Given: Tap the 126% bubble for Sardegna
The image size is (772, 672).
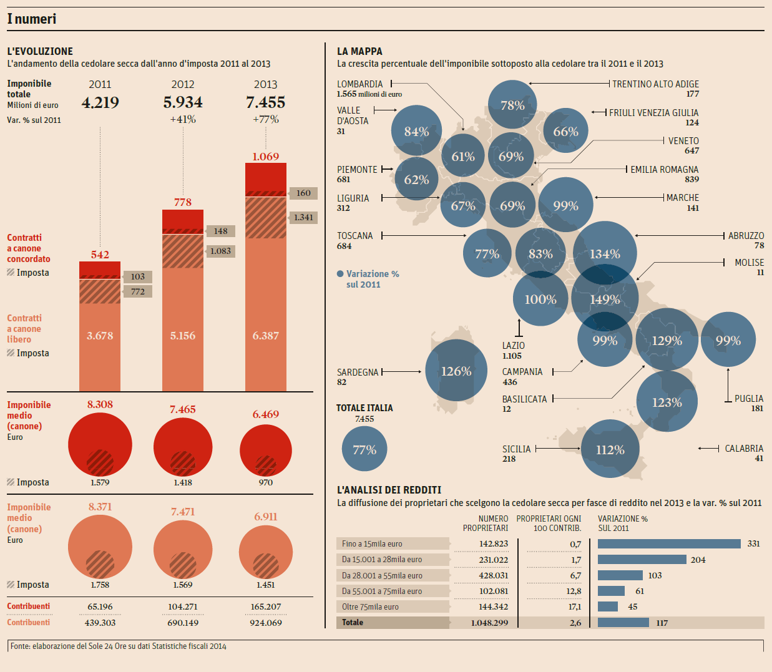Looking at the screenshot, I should tap(456, 371).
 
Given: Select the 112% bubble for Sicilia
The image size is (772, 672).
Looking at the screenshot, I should tap(610, 449).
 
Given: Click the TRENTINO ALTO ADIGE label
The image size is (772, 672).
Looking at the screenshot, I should tap(655, 84).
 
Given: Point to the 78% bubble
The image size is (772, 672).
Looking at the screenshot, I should tap(512, 105).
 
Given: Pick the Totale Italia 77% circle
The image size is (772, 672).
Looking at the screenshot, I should tap(364, 449).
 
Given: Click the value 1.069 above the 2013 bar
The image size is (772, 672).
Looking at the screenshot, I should tap(266, 157).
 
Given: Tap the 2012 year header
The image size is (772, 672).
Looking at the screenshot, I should tap(183, 84).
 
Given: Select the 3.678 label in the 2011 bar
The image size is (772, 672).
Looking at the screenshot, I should tap(100, 336).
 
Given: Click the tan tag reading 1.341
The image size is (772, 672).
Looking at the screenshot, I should tap(304, 217).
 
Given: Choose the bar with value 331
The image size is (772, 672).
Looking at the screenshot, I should tap(669, 544).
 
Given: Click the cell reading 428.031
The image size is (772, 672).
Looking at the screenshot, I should tap(493, 575).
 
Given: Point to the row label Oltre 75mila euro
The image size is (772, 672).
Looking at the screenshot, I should tap(370, 606).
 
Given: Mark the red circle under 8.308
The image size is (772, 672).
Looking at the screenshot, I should tap(100, 444).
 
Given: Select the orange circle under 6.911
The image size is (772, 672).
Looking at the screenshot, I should tap(266, 552).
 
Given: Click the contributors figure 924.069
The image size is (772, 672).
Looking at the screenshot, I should tap(266, 623).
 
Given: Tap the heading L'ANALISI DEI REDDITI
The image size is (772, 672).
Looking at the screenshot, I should tap(389, 490).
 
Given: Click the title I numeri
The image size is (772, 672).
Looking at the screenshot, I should tap(32, 19).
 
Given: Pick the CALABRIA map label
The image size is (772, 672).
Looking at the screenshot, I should tap(744, 449).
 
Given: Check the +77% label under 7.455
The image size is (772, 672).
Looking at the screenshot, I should tap(266, 119).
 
